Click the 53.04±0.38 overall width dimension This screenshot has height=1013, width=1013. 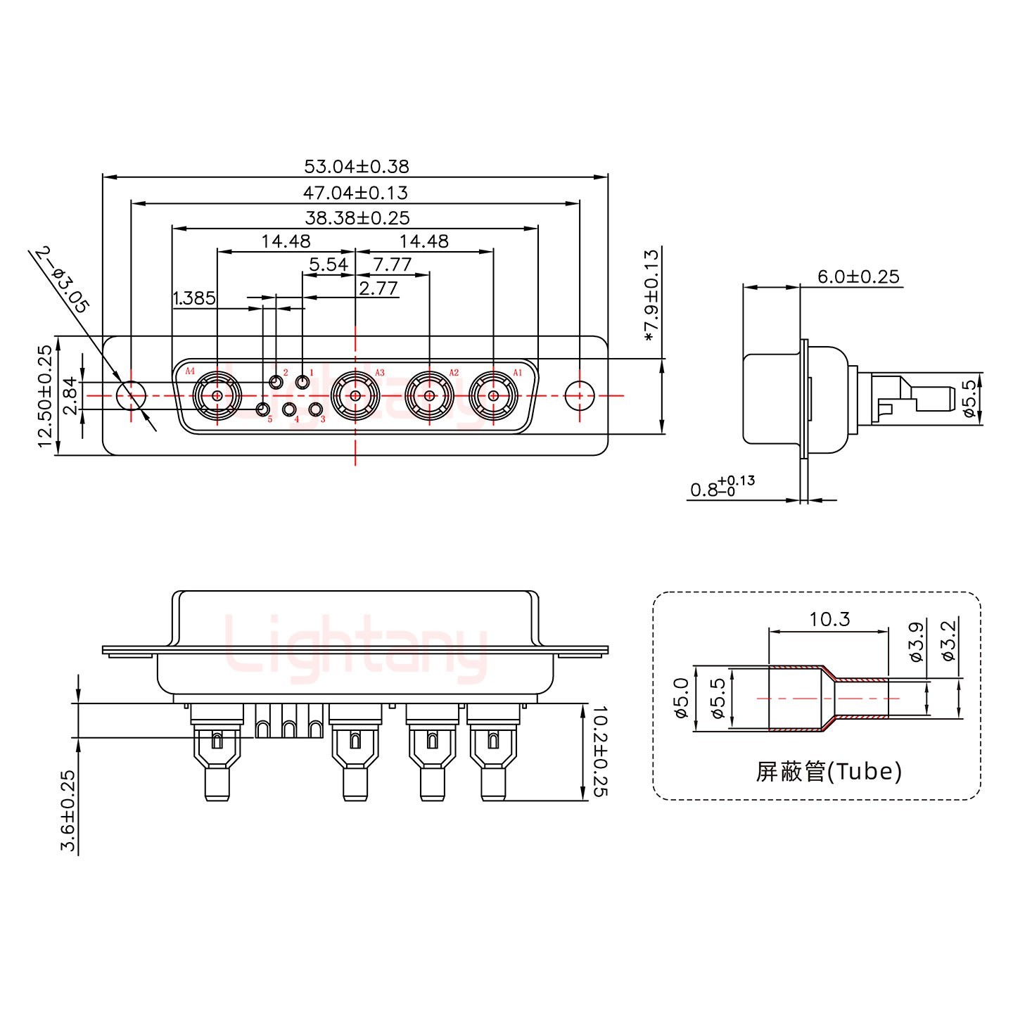point(356,167)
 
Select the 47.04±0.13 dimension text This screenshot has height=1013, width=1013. point(356,193)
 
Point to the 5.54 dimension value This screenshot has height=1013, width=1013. point(329,265)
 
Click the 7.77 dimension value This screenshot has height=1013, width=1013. point(393,265)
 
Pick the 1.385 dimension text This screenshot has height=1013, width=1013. point(193,298)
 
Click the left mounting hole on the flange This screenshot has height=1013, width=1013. point(131,395)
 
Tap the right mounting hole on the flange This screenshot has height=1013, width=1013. point(579,395)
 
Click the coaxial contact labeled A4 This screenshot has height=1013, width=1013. point(217,395)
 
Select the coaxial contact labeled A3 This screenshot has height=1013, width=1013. point(355,395)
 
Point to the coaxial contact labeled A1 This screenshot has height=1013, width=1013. point(493,395)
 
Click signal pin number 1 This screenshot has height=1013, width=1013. point(302,383)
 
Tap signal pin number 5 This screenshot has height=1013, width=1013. point(262,409)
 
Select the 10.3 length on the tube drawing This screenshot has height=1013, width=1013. point(829,619)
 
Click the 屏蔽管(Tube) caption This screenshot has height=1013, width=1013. point(829,772)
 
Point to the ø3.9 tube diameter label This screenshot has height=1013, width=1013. point(916,642)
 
